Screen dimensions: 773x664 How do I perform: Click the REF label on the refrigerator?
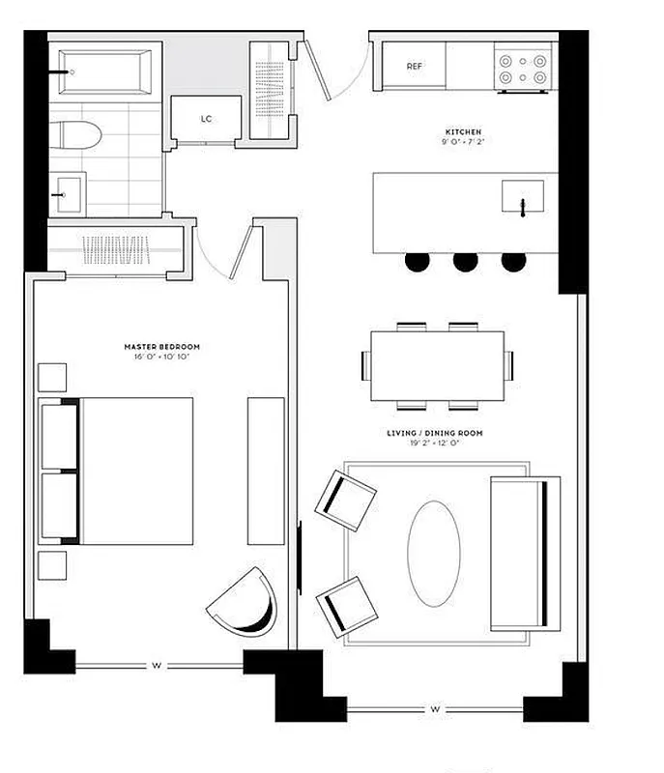(x=415, y=67)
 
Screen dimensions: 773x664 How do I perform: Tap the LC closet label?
(x=206, y=119)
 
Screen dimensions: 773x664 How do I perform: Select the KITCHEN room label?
(x=463, y=131)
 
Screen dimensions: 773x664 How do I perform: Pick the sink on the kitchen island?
(x=523, y=199)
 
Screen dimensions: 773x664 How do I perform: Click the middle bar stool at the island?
(x=466, y=260)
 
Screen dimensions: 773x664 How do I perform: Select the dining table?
(x=438, y=365)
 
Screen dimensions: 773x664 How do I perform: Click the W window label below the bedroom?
(x=155, y=665)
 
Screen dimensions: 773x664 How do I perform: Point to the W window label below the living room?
(x=435, y=710)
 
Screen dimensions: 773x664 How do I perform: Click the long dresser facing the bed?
(x=266, y=471)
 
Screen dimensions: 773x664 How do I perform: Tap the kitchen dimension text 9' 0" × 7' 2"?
(x=463, y=143)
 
